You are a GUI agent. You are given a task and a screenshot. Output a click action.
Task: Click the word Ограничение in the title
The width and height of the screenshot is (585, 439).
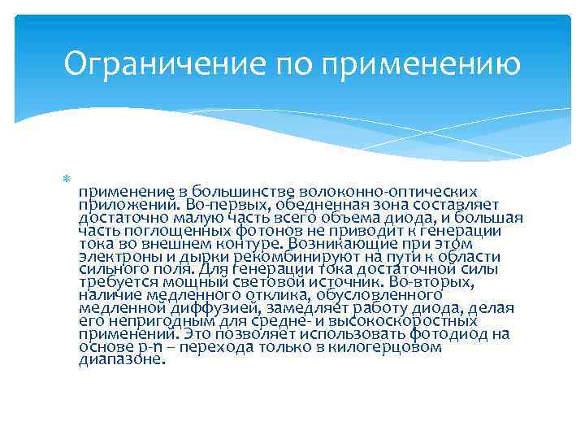coord(165,63)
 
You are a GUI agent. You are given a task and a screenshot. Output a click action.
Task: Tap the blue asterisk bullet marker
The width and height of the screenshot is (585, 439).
coord(67,179)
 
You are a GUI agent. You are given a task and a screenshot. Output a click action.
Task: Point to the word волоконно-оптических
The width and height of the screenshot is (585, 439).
coord(388,192)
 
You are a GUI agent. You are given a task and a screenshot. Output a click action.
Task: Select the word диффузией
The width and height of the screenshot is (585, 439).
coord(214,308)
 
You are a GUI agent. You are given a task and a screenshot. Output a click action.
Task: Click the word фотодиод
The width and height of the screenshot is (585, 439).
coord(448,334)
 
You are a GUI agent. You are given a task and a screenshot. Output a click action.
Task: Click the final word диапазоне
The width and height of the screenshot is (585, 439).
coord(122,360)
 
